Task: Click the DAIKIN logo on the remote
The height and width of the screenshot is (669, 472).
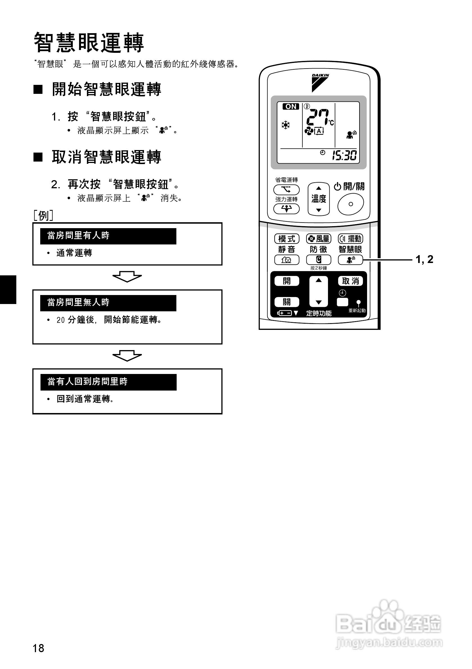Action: [x=320, y=83]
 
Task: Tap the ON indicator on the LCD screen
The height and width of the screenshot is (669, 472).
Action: [x=291, y=107]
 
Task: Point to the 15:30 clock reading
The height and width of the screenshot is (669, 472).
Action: [x=344, y=155]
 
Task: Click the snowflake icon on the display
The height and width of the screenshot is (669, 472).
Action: [x=285, y=125]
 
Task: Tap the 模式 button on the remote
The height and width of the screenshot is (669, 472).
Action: [x=287, y=239]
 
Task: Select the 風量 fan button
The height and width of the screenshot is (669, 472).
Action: [x=318, y=239]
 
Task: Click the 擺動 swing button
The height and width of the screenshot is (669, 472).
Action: [x=350, y=239]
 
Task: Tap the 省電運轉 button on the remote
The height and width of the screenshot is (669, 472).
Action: [x=286, y=190]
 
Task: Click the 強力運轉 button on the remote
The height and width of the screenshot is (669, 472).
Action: [x=286, y=209]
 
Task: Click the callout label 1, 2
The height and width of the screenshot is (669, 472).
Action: [x=424, y=259]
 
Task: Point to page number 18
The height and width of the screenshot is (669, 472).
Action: [x=38, y=648]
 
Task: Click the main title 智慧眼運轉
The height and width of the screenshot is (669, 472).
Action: [x=89, y=43]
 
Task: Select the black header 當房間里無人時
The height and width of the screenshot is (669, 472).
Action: [x=108, y=303]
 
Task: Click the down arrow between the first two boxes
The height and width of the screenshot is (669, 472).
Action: [x=127, y=276]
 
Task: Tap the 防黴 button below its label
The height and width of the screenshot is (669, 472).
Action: [x=318, y=260]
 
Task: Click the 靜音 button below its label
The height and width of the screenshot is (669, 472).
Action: [x=287, y=260]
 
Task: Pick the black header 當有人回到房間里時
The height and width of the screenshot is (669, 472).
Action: [x=109, y=382]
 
